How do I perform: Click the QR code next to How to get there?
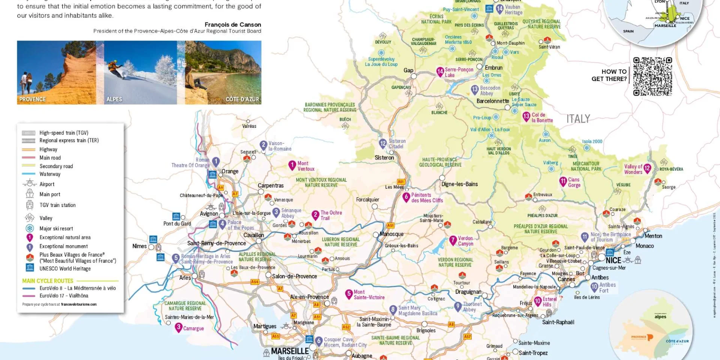[x=652, y=76]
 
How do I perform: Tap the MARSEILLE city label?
[x=289, y=351]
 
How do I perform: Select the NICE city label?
[x=613, y=260]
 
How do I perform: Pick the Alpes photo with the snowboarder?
[x=139, y=72]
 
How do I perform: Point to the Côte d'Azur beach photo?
[x=223, y=72]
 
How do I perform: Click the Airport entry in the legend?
[x=47, y=184]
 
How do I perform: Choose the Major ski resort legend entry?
[x=56, y=228]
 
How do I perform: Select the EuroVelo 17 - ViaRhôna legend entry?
[x=64, y=295]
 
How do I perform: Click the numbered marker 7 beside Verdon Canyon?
[x=453, y=240]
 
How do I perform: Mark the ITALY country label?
[x=578, y=119]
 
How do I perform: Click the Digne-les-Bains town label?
[x=459, y=184]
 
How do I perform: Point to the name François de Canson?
[x=232, y=25]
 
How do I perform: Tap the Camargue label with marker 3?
[x=193, y=328]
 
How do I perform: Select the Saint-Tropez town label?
[x=533, y=353]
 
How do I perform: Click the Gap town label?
[x=408, y=70]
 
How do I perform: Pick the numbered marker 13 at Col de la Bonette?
[x=526, y=116]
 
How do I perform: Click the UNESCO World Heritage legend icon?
[x=30, y=268]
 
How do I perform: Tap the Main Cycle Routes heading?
[x=48, y=281]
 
